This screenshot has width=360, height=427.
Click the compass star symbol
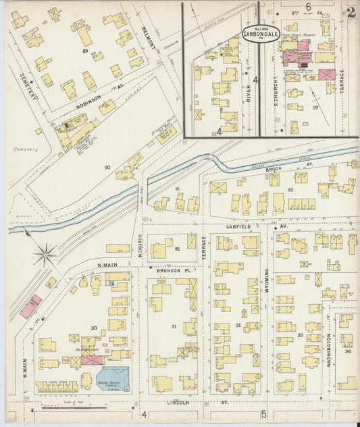point(45,255)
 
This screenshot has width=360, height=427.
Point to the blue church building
point(112,375)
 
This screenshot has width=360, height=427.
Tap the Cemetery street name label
point(28,84)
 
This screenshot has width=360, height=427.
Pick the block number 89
point(85,51)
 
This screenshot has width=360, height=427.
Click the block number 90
point(107,167)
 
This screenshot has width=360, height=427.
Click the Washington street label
point(329,349)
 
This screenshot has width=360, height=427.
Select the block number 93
point(290,190)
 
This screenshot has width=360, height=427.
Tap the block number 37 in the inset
point(315,107)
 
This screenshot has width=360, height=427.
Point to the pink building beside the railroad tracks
point(31,307)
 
